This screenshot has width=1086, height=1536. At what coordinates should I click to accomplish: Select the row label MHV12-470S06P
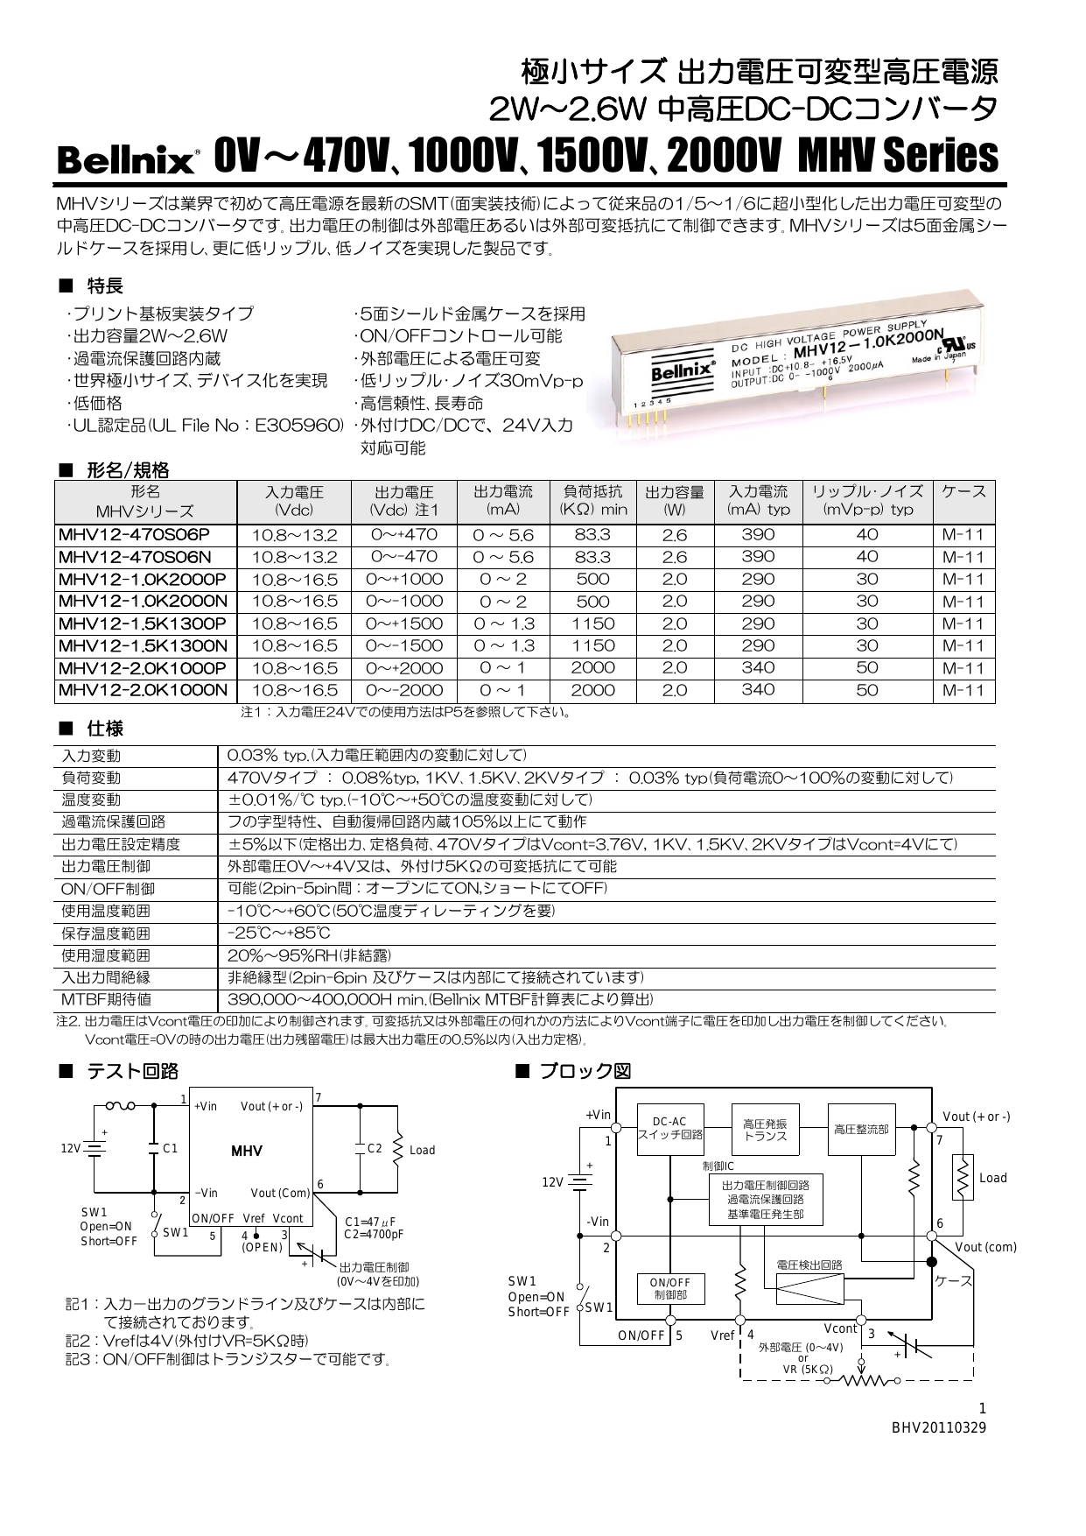pos(134,534)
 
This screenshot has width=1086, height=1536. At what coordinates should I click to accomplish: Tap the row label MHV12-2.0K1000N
pos(144,690)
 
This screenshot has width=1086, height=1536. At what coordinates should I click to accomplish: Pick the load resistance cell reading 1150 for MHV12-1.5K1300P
pos(593,624)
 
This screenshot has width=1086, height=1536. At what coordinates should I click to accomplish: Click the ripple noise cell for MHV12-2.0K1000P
pos(866,668)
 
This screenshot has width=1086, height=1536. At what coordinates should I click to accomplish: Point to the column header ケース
pos(963,492)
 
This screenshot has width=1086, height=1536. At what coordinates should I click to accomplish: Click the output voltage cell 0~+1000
pos(404,579)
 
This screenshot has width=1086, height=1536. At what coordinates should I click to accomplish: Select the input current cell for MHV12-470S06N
pos(758,557)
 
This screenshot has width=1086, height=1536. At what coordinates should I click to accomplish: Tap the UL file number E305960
pos(298,426)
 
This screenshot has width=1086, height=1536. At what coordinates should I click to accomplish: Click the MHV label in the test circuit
pos(247,1151)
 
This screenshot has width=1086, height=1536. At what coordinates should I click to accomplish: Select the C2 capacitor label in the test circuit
pos(375,1149)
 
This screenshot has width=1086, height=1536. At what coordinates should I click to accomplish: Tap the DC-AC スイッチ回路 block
pos(669,1129)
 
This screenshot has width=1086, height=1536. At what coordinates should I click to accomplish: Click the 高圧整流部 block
pos(861,1130)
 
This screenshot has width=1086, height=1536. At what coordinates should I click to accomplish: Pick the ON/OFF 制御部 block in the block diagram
pos(669,1289)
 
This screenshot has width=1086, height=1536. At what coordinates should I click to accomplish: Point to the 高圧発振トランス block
pos(765,1130)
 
